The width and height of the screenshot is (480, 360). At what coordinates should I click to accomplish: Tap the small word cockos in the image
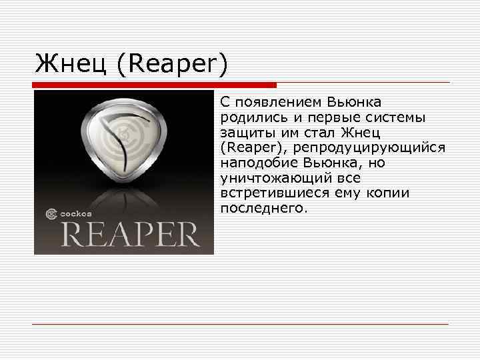(x=77, y=215)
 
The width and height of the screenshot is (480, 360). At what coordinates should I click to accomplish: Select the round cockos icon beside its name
(x=51, y=215)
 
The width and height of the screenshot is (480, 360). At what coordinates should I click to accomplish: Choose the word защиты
(x=244, y=133)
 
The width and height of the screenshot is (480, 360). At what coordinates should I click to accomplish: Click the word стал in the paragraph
(x=311, y=133)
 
